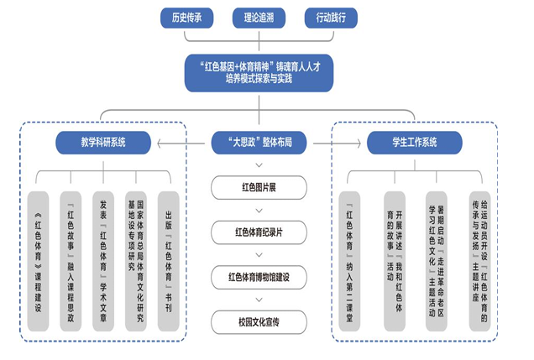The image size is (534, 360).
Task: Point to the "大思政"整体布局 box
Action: click(x=265, y=143)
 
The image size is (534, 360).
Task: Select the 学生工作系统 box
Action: click(x=414, y=143)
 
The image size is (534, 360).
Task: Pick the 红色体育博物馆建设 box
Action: click(x=265, y=276)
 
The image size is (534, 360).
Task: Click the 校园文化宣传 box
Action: click(x=265, y=321)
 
